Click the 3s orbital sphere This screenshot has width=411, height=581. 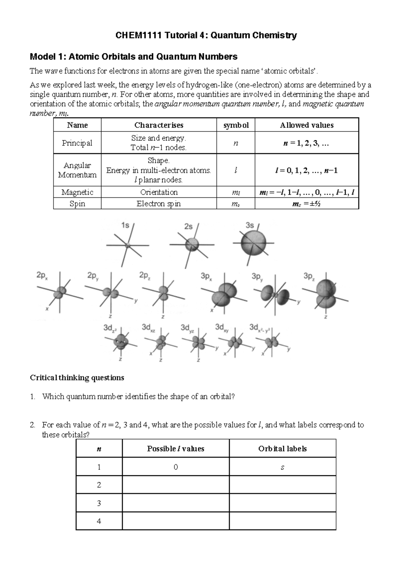(253, 243)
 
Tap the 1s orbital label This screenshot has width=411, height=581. (125, 225)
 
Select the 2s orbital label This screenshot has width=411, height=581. (188, 226)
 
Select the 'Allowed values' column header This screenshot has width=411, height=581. (307, 125)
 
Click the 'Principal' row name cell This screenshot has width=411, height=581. (77, 143)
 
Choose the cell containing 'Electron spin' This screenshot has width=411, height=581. (159, 204)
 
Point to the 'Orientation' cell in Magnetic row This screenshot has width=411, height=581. (159, 192)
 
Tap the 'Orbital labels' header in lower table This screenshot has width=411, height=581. (282, 449)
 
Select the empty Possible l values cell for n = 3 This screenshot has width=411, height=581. (175, 503)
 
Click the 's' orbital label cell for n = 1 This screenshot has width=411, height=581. (282, 467)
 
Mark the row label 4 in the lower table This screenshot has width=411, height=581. (99, 521)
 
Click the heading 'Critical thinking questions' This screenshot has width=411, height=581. (77, 378)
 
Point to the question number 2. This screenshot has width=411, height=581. (32, 425)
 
